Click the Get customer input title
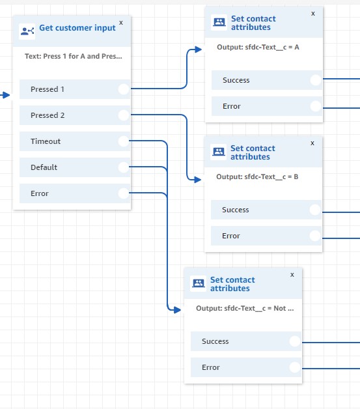[x=77, y=28]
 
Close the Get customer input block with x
[x=120, y=22]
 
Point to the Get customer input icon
[x=27, y=31]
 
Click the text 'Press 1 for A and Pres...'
[x=73, y=56]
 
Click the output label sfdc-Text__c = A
[x=253, y=48]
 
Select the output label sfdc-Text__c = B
[x=253, y=176]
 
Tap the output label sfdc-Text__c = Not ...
[x=245, y=308]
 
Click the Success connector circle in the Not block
[x=295, y=341]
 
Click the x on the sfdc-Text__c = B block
[x=312, y=143]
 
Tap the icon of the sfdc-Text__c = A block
[x=219, y=23]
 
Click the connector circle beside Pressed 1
[x=124, y=89]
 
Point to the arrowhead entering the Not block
[x=176, y=310]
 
